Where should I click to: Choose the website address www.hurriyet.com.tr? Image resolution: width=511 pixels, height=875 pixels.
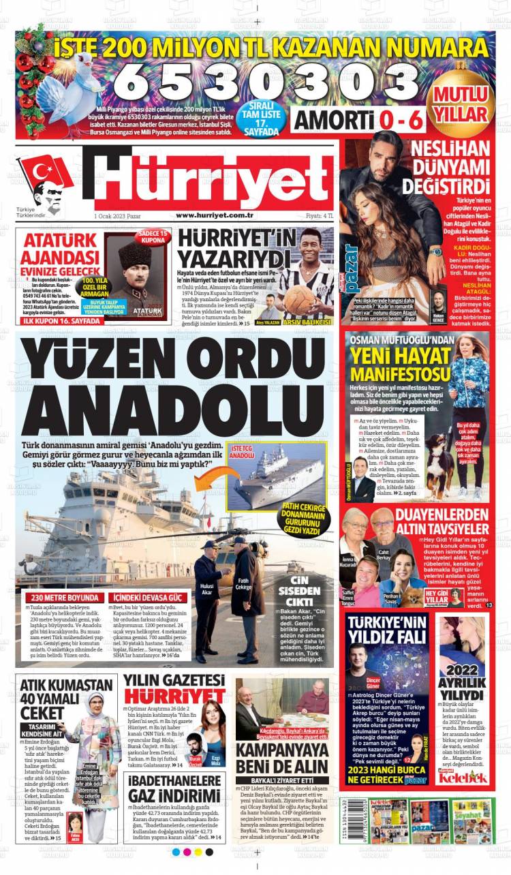point(215,215)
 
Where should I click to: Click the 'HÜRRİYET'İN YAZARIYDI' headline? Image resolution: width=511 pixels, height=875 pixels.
point(229,249)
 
